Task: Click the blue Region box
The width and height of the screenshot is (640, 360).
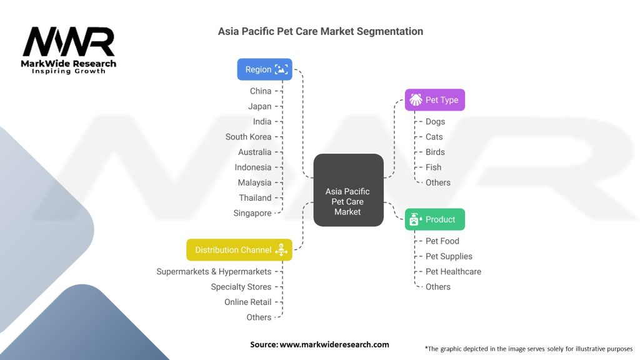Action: (264, 69)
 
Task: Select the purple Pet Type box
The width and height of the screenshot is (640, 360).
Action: (435, 99)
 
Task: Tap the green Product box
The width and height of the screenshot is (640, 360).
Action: (435, 219)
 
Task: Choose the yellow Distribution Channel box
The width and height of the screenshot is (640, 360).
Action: (239, 250)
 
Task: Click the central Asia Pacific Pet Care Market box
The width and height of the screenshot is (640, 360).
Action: (348, 190)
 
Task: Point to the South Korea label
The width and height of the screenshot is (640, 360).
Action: (248, 137)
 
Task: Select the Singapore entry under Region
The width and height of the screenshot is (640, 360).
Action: (252, 213)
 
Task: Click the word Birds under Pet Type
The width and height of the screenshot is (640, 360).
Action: (435, 152)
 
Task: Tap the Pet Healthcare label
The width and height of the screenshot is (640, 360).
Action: (453, 271)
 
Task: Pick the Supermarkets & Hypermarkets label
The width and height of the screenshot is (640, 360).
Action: (214, 271)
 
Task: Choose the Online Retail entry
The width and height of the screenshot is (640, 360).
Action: (247, 302)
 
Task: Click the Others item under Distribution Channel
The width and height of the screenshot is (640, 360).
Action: (259, 317)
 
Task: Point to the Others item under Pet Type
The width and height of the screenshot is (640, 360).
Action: (438, 182)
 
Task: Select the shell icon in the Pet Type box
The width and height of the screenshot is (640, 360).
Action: (416, 99)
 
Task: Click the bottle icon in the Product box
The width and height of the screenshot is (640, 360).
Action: (415, 219)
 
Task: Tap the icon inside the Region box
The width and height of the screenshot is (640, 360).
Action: (281, 69)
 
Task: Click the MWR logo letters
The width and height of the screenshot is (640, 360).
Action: (69, 42)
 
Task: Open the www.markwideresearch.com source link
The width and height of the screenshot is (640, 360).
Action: (334, 344)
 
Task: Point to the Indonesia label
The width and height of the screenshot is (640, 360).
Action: (252, 167)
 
